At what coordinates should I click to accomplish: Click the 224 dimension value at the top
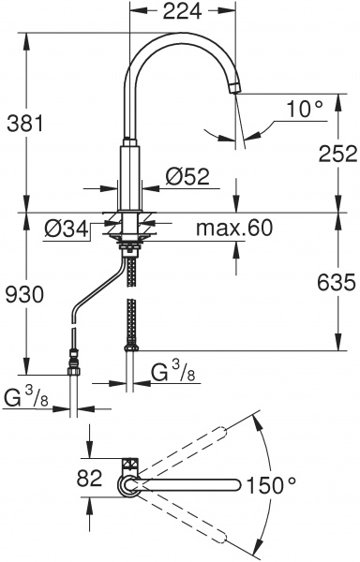(183, 11)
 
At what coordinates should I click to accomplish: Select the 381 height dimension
(25, 124)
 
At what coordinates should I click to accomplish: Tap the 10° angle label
(305, 109)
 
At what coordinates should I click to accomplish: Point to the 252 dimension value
(338, 155)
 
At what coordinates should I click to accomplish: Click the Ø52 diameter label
(187, 177)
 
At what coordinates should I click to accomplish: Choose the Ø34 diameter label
(67, 229)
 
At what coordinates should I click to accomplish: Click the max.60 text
(234, 228)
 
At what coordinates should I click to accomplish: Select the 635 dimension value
(337, 282)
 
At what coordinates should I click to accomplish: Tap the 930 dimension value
(25, 295)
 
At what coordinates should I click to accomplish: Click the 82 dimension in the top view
(90, 478)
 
